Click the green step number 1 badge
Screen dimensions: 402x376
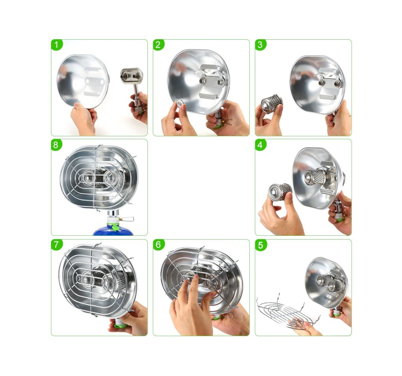pos(57,45)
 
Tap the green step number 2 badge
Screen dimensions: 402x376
pos(159,45)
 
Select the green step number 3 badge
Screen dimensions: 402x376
pos(260,45)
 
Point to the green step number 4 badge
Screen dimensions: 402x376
pos(260,145)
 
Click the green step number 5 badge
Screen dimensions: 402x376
pos(260,245)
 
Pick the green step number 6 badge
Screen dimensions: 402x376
pos(159,245)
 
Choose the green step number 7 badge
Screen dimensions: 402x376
pos(57,245)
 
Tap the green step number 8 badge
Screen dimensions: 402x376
pos(57,145)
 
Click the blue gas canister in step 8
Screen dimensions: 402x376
pos(113,230)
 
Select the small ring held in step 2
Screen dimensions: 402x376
pos(180,104)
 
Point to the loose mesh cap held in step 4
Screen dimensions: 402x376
pos(280,192)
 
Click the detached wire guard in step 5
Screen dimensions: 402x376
pos(288,312)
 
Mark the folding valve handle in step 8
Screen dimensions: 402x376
pos(127,219)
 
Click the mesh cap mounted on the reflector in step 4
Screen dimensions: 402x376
pos(315,177)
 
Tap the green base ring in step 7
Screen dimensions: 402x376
pos(121,326)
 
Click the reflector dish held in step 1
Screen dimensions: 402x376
pos(83,81)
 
